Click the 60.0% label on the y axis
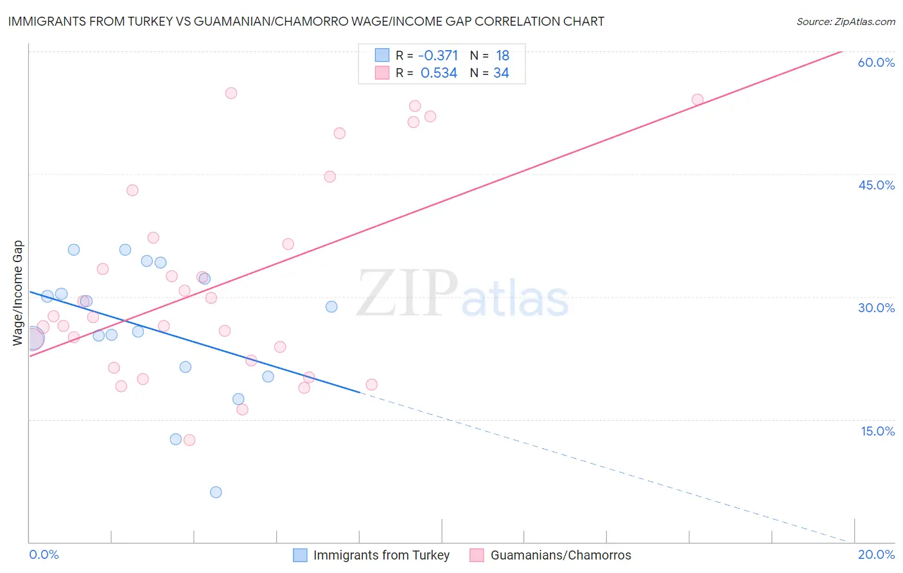click(876, 62)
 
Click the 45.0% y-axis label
click(876, 185)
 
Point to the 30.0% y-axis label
click(876, 308)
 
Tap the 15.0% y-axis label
click(877, 431)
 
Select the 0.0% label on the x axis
click(44, 554)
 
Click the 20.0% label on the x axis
click(876, 554)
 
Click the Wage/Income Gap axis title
click(18, 293)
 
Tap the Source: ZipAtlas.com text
click(845, 22)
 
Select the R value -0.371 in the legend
click(438, 56)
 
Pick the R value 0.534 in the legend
click(439, 73)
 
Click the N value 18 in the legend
click(502, 56)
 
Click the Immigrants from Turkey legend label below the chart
click(381, 555)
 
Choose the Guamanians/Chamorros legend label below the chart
click(561, 555)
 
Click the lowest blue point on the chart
click(216, 492)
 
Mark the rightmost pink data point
click(697, 100)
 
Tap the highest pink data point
click(231, 93)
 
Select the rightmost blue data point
click(331, 306)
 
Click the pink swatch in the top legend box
click(382, 73)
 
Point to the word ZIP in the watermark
click(407, 294)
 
